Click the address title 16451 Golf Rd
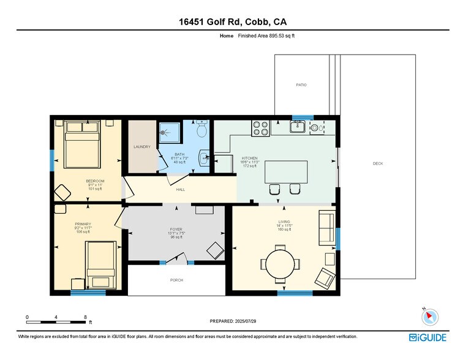233,22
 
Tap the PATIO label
301,84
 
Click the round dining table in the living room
280,264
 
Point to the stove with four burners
260,128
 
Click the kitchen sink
298,127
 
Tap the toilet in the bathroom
201,130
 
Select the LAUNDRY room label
142,147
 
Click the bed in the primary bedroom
100,264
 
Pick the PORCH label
176,280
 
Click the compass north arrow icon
430,317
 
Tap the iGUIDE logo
428,337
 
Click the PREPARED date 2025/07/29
233,321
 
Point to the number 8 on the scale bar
85,317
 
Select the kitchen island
286,171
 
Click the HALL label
180,190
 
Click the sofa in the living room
326,228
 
